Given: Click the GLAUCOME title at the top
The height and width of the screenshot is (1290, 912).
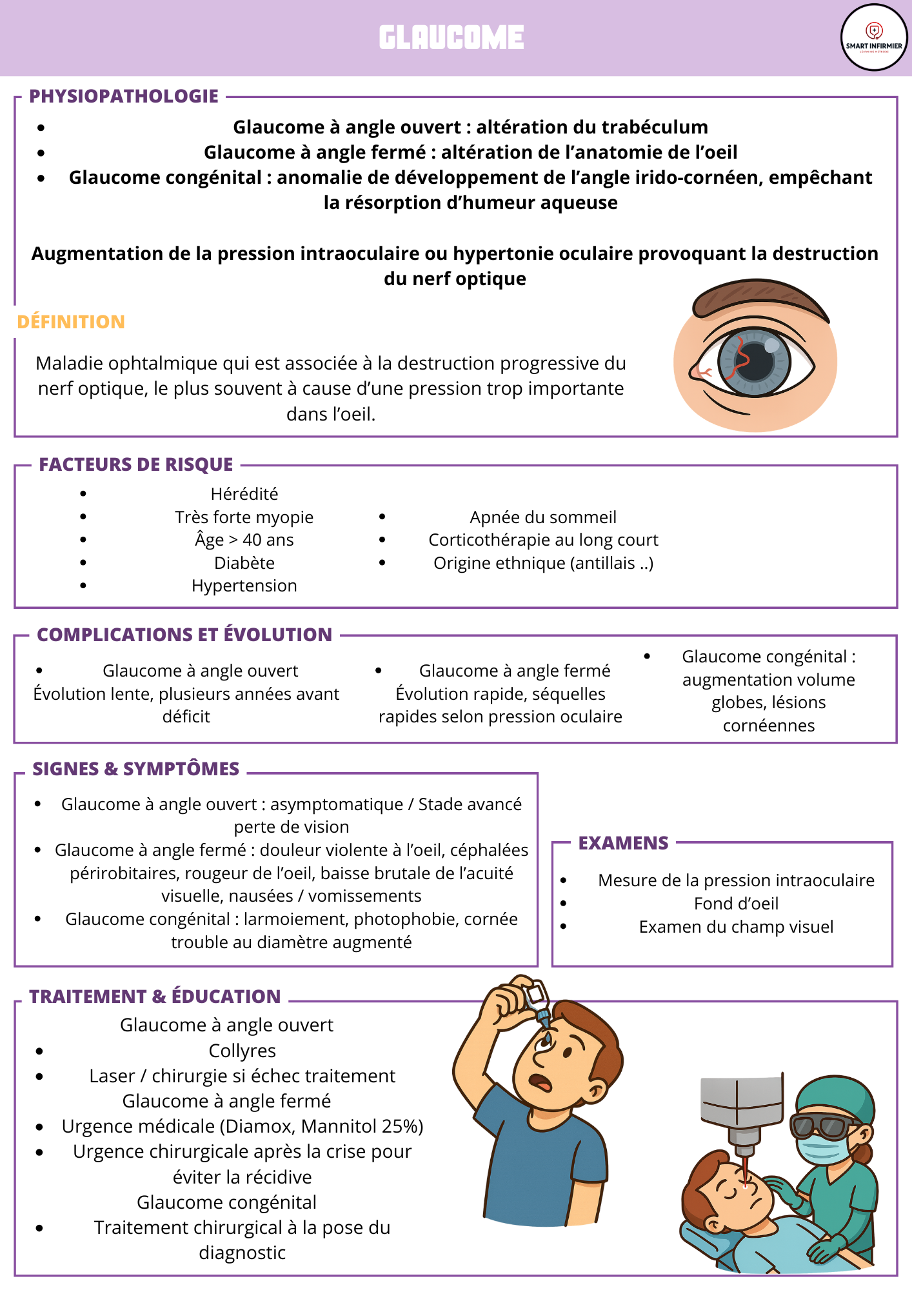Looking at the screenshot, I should (451, 37).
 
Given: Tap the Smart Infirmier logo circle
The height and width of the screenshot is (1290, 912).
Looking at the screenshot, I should (874, 37).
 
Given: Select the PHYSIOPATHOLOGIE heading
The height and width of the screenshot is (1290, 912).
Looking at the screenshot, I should (124, 96).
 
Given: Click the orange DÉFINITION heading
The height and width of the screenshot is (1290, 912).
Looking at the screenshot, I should (71, 322).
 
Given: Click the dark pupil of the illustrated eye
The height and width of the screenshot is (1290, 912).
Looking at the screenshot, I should (753, 362).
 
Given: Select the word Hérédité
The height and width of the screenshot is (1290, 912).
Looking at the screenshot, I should (244, 494).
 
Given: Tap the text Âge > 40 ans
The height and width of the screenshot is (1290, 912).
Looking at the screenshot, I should (244, 540).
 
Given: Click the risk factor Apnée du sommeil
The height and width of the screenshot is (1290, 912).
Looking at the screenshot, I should (543, 517).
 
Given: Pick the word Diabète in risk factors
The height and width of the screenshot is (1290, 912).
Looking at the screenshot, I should (244, 563).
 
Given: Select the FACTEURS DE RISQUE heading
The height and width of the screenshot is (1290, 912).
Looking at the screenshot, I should (136, 464).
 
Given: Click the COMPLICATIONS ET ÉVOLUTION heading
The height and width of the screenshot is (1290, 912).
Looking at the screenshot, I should (184, 635).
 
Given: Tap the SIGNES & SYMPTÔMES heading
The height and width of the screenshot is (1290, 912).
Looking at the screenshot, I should (136, 769).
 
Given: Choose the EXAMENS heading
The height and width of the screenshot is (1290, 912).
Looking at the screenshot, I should (623, 843).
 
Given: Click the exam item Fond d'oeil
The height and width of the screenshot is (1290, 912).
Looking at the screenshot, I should (736, 904).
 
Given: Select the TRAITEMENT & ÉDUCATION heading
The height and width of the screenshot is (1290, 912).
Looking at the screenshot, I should (155, 997).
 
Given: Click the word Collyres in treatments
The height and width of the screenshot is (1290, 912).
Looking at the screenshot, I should (243, 1051).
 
